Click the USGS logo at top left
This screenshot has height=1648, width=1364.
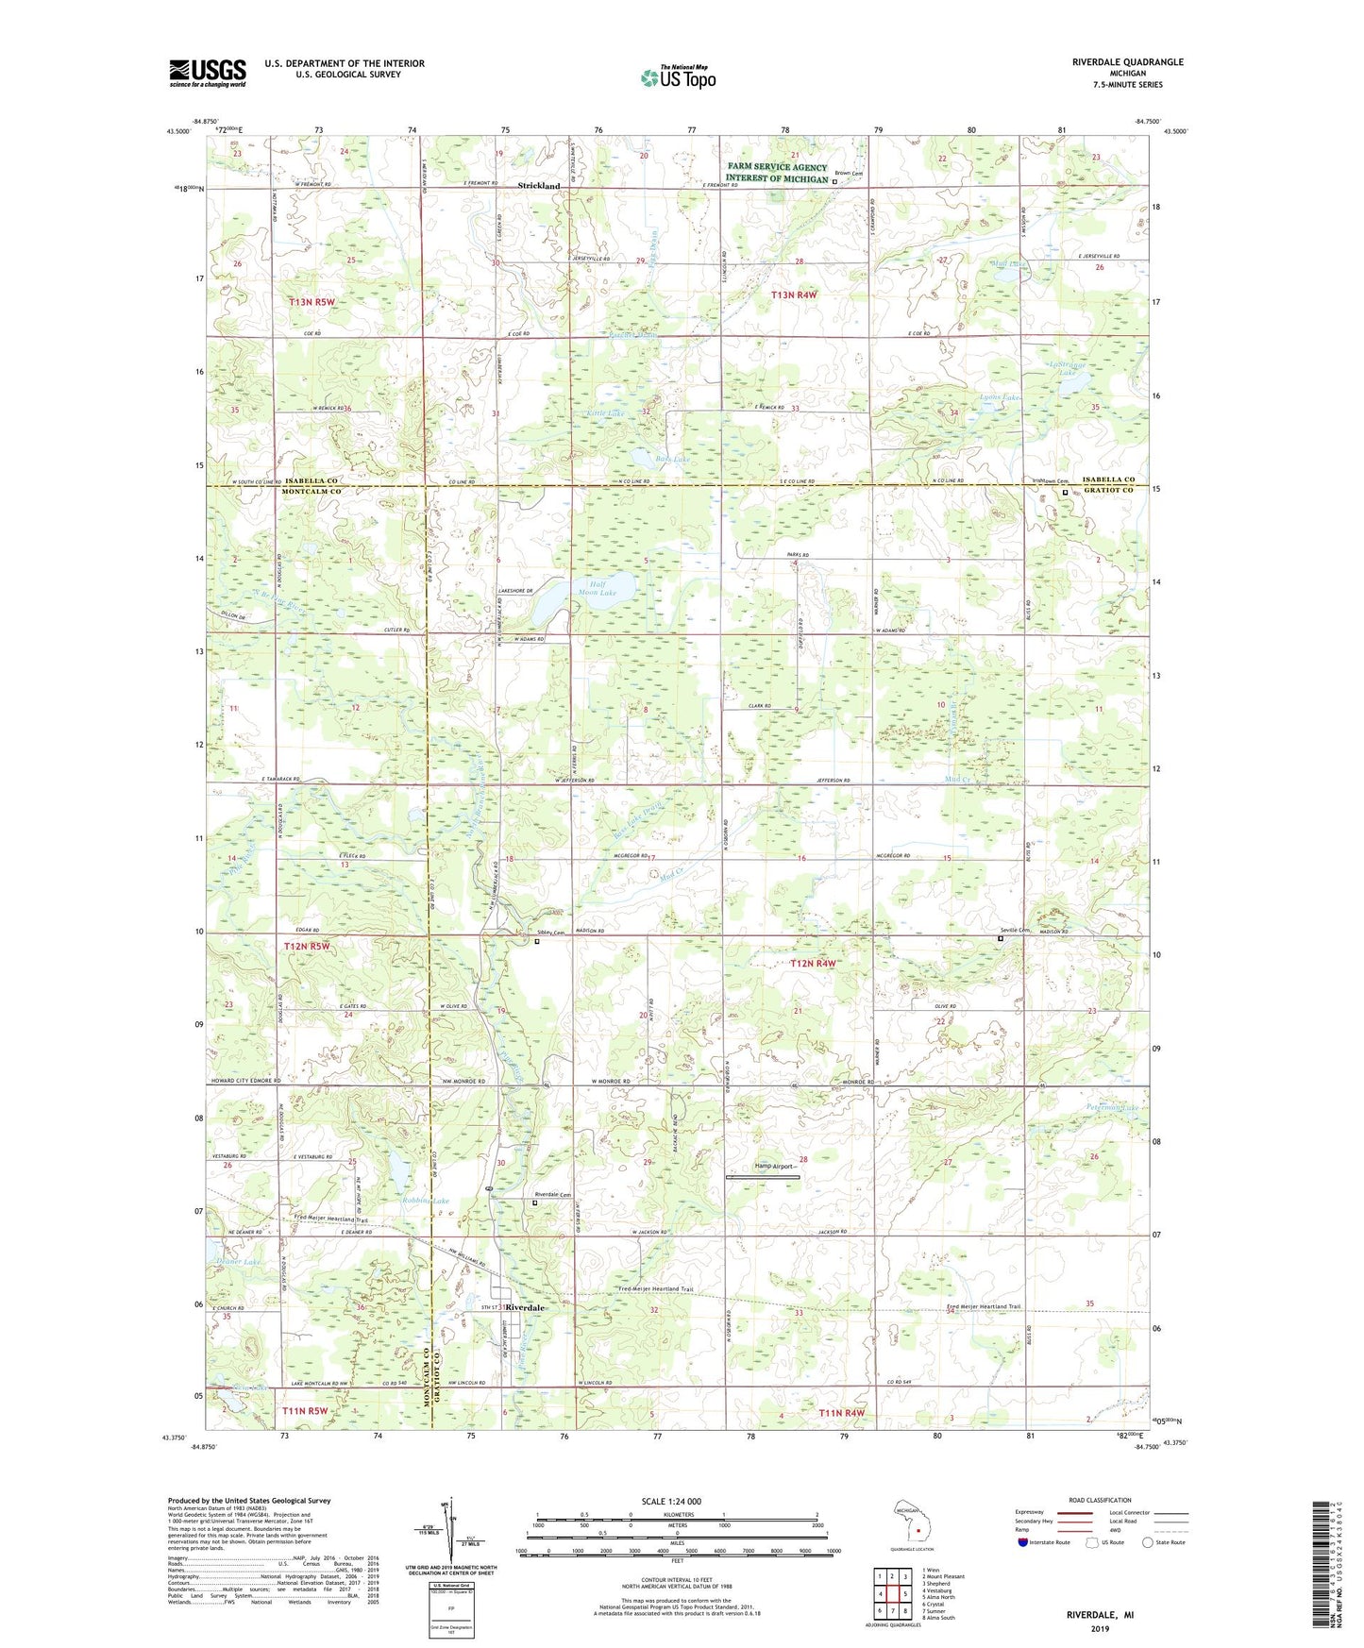coord(208,73)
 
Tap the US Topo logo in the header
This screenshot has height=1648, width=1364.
coord(677,77)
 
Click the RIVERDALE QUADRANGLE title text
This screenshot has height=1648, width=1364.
coord(1127,62)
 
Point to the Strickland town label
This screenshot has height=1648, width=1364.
coord(538,186)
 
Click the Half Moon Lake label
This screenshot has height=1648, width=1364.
coord(595,588)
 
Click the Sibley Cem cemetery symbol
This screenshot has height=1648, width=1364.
coord(537,941)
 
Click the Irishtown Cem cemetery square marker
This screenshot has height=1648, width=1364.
coord(1066,492)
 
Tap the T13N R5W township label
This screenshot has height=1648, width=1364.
coord(312,302)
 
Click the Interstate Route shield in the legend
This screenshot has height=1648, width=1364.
coord(1023,1542)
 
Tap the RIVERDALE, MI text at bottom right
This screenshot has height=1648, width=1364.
coord(1100,1615)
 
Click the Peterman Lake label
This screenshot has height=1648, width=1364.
coord(1113,1107)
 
